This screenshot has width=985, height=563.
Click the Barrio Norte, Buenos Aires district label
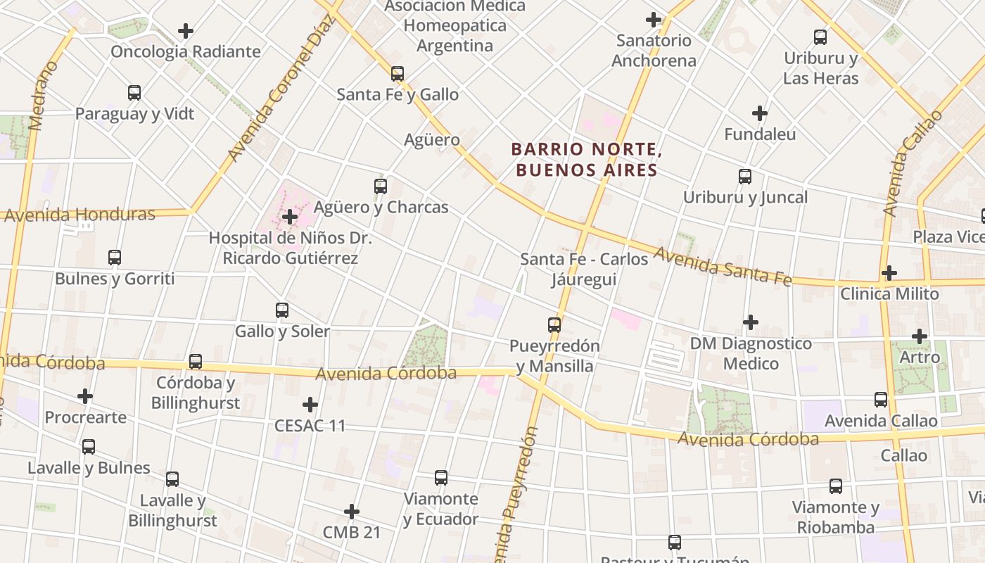[586, 160]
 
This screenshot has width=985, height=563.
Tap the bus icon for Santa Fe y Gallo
[398, 73]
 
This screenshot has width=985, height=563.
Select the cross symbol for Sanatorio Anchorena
[654, 19]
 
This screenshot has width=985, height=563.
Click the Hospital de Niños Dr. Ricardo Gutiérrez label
[290, 248]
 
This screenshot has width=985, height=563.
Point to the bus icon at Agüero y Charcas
[381, 186]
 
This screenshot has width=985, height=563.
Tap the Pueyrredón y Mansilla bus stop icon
[554, 325]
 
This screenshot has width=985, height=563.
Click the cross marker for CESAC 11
[310, 405]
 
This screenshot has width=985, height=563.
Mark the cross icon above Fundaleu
[760, 113]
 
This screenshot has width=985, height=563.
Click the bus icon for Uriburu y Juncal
[745, 177]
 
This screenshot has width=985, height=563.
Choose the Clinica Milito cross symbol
[889, 272]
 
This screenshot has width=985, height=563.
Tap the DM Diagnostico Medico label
[751, 353]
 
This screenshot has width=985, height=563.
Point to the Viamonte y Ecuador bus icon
[441, 478]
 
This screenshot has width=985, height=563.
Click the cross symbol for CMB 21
[352, 511]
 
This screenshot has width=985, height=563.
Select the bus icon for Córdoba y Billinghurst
[196, 362]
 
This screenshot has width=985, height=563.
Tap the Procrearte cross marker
[85, 396]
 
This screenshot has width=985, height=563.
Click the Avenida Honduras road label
[79, 214]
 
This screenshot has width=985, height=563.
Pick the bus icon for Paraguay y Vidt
[134, 92]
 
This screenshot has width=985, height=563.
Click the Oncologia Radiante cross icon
[186, 31]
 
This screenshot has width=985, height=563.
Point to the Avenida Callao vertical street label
[911, 163]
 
